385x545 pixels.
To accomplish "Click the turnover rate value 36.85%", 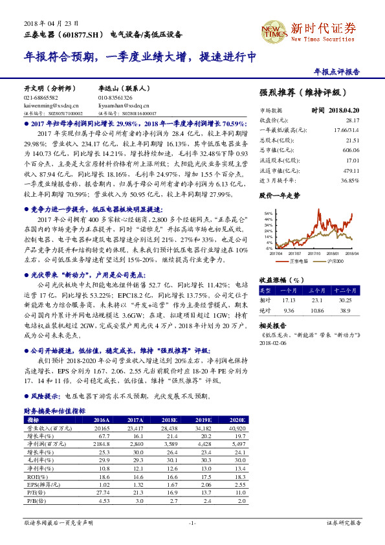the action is point(349,180).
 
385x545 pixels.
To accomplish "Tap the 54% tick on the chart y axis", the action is point(268,213).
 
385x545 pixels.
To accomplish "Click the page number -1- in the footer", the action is point(192,522).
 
